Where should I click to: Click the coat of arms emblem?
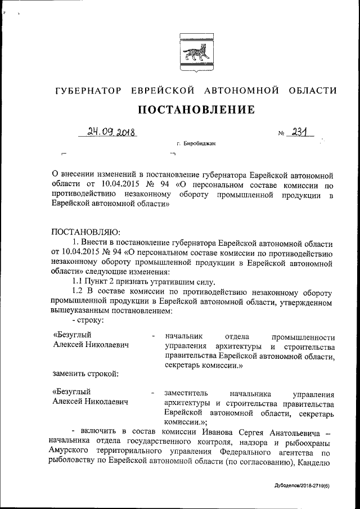pos(193,54)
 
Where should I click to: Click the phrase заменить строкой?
pos(84,373)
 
